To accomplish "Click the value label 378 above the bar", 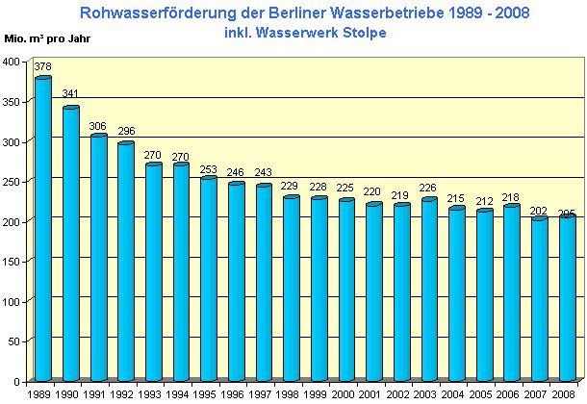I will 42,67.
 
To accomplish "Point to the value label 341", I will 70,94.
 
